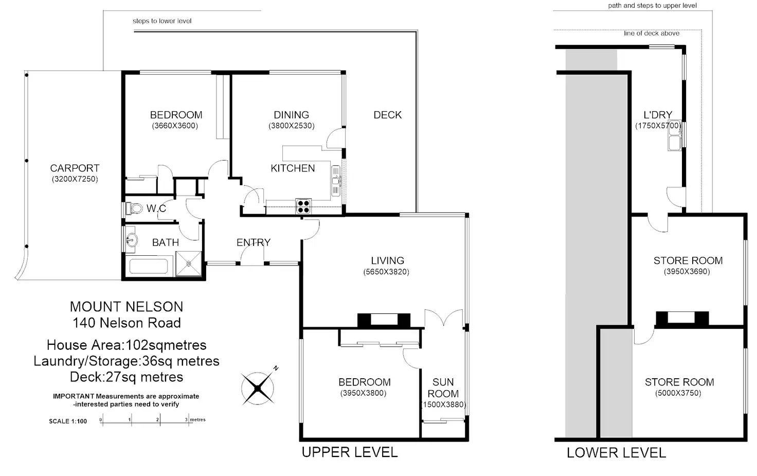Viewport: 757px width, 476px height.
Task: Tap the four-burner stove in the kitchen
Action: point(303,206)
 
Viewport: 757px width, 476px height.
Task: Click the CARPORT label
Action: point(75,168)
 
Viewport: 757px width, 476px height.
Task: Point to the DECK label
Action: point(388,115)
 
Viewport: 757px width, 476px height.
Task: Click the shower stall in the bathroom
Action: point(189,263)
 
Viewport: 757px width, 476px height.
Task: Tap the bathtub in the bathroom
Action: point(148,267)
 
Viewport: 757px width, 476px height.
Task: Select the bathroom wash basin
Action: point(131,240)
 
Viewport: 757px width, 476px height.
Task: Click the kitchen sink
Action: point(336,181)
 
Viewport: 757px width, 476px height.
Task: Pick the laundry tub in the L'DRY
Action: point(675,135)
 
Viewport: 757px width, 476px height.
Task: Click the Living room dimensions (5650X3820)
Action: point(386,272)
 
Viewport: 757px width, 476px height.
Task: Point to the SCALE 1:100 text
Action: point(68,421)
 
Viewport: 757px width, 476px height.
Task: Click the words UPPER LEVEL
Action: point(349,452)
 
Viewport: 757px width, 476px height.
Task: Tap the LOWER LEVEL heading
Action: point(617,453)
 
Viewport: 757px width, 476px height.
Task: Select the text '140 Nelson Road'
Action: point(127,323)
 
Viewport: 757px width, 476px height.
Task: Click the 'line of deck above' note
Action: point(652,33)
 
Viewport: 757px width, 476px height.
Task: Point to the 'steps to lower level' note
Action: point(162,21)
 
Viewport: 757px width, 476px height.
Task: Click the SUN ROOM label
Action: point(443,388)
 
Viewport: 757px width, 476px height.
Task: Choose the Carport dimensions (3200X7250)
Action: point(75,179)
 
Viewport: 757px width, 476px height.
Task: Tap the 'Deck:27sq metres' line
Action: point(127,377)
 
